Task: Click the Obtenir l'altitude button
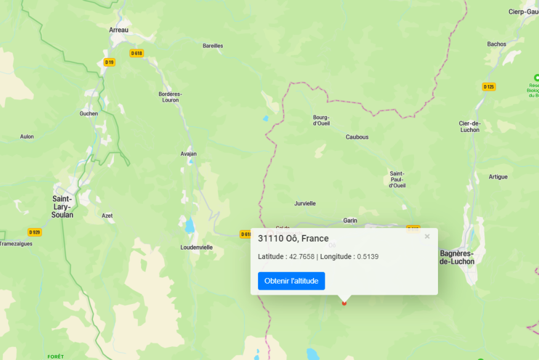tap(291, 281)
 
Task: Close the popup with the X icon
tap(427, 236)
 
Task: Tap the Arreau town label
tap(118, 30)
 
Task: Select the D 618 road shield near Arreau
tap(137, 53)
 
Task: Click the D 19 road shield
tap(109, 62)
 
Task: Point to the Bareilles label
tap(213, 46)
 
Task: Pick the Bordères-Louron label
tap(170, 97)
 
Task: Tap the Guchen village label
tap(89, 113)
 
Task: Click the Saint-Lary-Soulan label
tap(63, 207)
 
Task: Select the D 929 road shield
tap(34, 232)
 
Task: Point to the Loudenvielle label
tap(197, 247)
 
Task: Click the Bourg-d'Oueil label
tap(322, 120)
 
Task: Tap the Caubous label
tap(357, 137)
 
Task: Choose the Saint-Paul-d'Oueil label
tap(397, 179)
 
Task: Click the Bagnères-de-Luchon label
tap(457, 257)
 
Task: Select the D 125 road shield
tap(488, 87)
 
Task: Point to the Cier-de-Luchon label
tap(469, 126)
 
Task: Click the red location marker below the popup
tap(344, 303)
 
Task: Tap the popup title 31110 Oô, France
tap(293, 239)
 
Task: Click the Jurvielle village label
tap(305, 203)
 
